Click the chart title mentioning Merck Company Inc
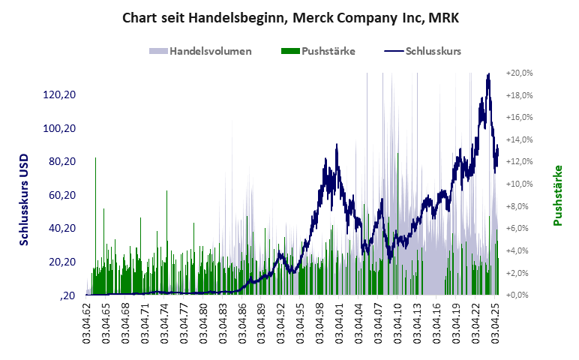(x=289, y=16)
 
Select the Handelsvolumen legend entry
(x=200, y=52)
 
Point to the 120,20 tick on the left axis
(x=60, y=95)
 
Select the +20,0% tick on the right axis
(x=519, y=73)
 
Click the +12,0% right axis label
(x=519, y=162)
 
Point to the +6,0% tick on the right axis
(x=519, y=228)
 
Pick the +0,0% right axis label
(x=519, y=295)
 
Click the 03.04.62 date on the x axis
(x=87, y=324)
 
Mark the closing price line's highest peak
(x=488, y=75)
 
